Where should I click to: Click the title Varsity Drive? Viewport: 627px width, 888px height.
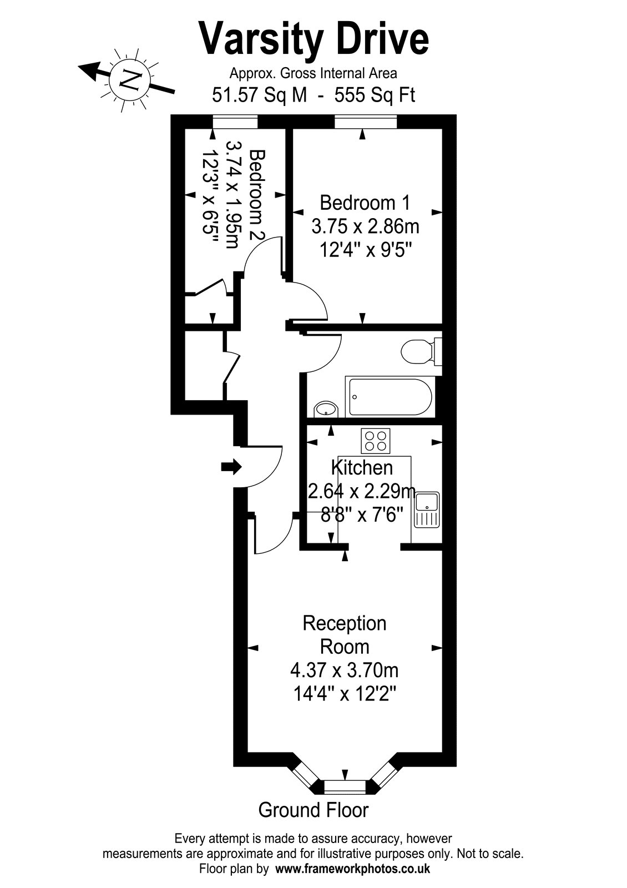tap(313, 39)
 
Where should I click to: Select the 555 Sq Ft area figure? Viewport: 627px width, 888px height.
tap(375, 95)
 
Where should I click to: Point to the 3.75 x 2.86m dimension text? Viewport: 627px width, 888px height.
tap(365, 227)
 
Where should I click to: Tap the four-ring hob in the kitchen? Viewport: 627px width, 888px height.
tap(375, 441)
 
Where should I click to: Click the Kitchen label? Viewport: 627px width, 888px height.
tap(362, 468)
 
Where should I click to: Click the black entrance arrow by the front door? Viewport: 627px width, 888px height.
tap(231, 467)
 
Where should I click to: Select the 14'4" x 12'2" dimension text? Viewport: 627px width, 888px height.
tap(345, 694)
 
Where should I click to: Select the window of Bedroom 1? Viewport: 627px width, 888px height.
tap(366, 122)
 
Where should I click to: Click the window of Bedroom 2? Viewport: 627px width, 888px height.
tap(235, 122)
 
